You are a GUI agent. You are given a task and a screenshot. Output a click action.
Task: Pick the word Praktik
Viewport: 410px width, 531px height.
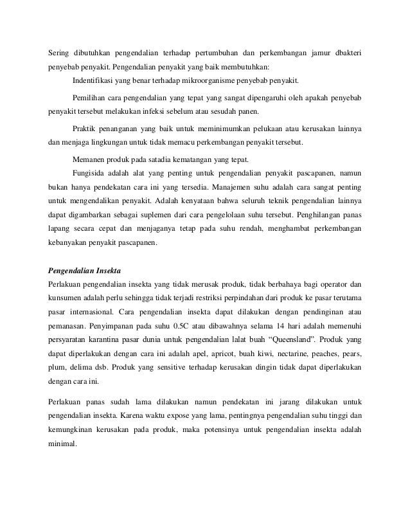coord(85,127)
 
